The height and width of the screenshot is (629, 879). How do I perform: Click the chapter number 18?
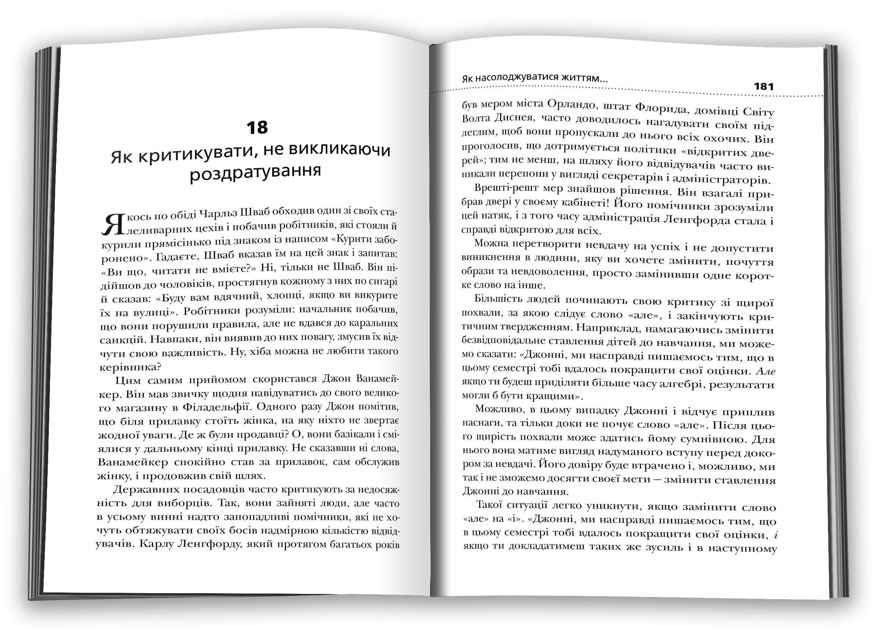click(x=257, y=128)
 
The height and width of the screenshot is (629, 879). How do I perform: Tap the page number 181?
click(x=764, y=87)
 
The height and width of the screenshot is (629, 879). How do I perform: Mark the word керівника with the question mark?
click(x=130, y=366)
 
